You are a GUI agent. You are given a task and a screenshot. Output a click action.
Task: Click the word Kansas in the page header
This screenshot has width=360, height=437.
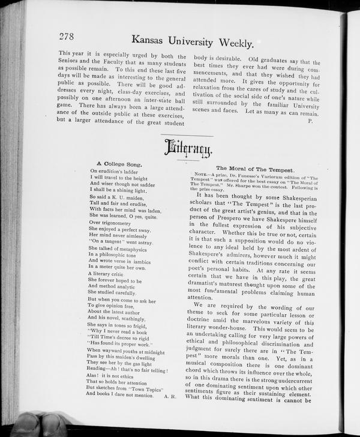click(151, 41)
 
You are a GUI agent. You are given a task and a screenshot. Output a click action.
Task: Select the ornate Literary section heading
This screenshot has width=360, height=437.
click(187, 147)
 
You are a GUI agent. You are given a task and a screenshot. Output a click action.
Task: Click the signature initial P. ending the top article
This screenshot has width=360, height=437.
click(310, 121)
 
